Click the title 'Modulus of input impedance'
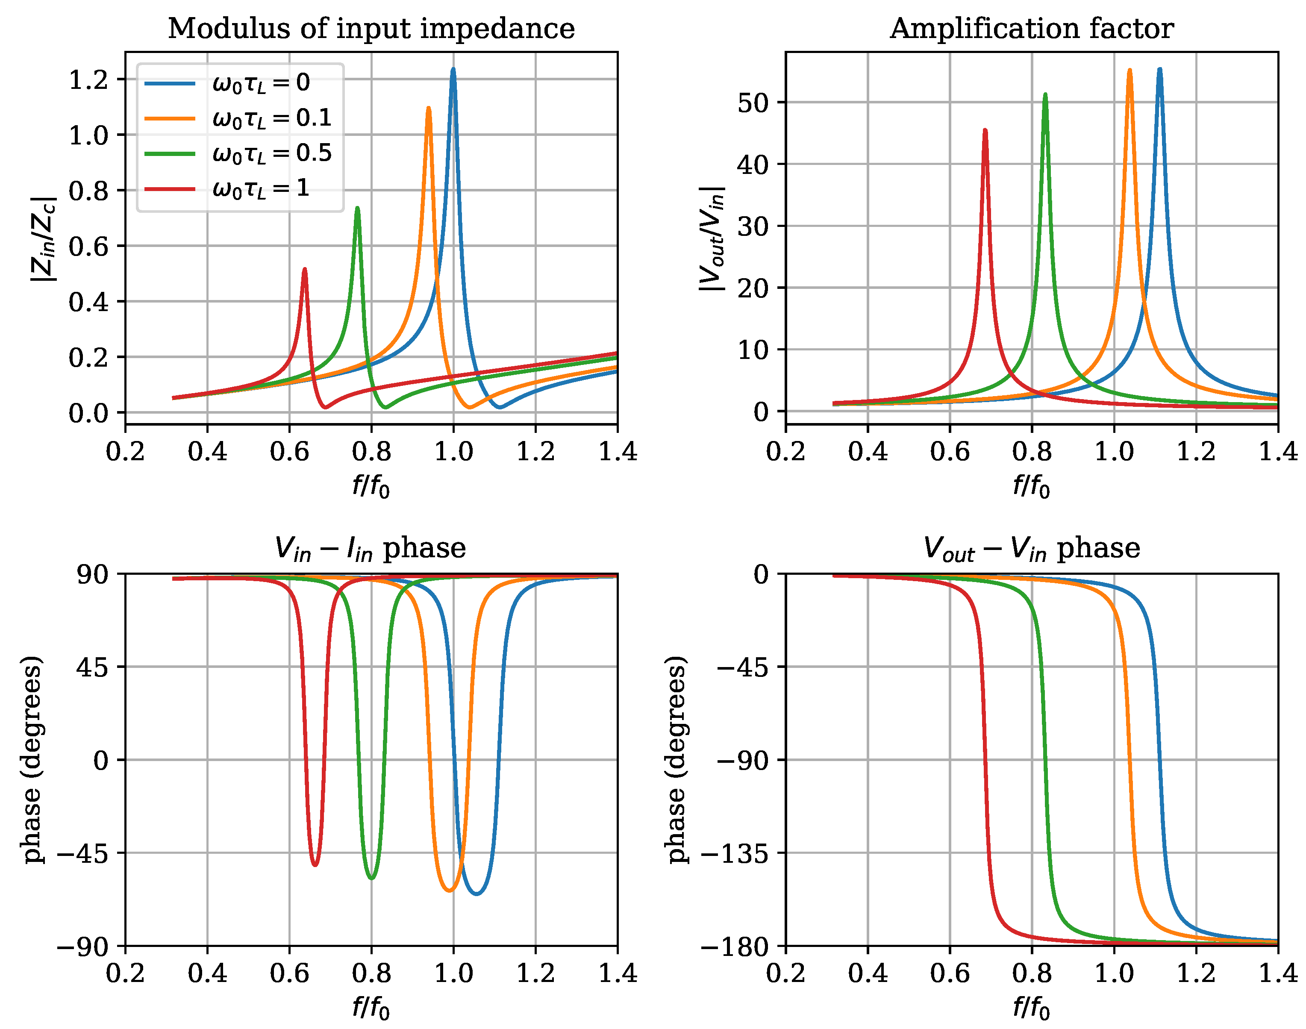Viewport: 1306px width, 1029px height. [371, 28]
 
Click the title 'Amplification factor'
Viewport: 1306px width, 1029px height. [1031, 28]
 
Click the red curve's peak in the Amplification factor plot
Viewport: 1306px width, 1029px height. [985, 131]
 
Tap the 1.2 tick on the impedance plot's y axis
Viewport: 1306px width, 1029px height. [88, 79]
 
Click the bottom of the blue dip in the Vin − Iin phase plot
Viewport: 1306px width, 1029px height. [477, 894]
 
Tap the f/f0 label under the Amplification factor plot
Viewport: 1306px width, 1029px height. [1031, 485]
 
